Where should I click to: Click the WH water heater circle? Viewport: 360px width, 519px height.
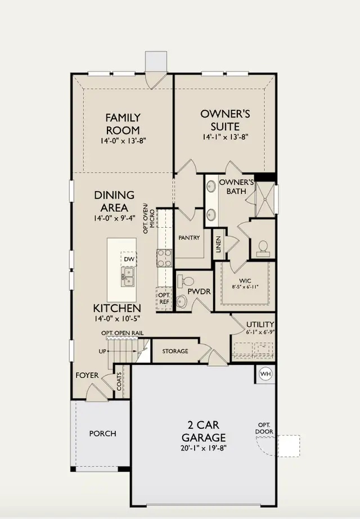[x=265, y=374]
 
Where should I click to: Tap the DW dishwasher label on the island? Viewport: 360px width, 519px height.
[x=129, y=259]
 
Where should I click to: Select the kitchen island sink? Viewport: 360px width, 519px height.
[x=128, y=277]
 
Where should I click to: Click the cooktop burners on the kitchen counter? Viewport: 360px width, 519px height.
[x=165, y=258]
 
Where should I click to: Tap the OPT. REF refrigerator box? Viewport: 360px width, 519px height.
[x=164, y=299]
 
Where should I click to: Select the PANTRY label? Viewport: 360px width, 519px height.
[x=189, y=238]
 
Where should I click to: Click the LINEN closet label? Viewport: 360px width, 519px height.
[x=218, y=244]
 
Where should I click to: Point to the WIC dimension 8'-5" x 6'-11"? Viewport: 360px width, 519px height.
[x=245, y=287]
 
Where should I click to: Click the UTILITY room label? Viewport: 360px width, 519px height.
[x=260, y=324]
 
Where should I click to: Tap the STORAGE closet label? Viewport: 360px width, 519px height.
[x=175, y=351]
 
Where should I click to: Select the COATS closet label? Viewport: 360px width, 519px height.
[x=119, y=381]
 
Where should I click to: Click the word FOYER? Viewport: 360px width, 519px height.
[x=87, y=375]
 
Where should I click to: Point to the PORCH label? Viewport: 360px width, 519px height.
[x=103, y=434]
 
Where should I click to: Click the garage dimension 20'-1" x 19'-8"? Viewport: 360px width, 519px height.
[x=204, y=448]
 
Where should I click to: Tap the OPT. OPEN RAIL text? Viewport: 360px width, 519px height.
[x=123, y=333]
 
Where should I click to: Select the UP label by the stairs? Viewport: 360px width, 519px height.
[x=102, y=351]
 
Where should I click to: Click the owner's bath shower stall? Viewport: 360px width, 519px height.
[x=265, y=200]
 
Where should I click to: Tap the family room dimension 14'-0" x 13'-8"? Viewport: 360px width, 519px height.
[x=123, y=141]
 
